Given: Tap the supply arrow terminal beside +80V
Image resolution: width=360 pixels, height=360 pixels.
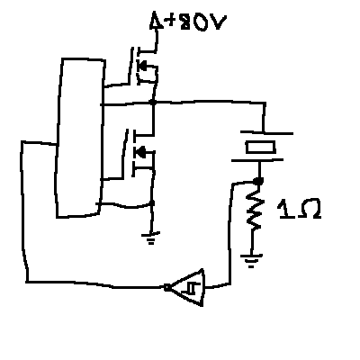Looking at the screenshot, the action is (x=156, y=21).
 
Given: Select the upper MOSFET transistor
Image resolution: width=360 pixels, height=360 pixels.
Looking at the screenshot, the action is (x=143, y=67).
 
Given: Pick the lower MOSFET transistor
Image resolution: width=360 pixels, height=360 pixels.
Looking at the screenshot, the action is (x=139, y=154).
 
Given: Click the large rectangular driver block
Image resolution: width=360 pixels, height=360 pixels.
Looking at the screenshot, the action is (x=80, y=138).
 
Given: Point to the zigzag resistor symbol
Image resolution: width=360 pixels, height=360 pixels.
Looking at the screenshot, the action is (x=255, y=208).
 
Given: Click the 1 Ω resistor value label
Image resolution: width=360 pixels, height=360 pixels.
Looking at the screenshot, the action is (x=300, y=209).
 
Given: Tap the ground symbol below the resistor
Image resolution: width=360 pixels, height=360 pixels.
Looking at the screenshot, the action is (x=251, y=260).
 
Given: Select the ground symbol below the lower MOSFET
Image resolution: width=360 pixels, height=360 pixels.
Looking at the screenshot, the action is (x=150, y=238).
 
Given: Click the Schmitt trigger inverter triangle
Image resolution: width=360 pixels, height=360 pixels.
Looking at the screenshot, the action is (x=189, y=287).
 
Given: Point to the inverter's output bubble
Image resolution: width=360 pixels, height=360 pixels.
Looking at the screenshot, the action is (x=166, y=287).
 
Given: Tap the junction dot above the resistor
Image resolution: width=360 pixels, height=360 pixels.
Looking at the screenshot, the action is (x=258, y=181).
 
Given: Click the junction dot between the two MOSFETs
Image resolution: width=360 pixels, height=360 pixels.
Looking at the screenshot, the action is (x=153, y=103).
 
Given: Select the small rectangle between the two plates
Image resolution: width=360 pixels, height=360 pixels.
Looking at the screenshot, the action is (x=260, y=147).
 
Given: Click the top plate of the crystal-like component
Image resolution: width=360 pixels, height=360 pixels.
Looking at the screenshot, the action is (x=266, y=132).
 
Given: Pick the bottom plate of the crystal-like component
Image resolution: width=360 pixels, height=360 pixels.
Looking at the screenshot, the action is (x=257, y=160).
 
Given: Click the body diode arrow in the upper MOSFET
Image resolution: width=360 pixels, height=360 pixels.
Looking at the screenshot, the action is (x=142, y=66).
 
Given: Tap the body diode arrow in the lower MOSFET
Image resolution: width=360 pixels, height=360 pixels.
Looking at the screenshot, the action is (x=140, y=153).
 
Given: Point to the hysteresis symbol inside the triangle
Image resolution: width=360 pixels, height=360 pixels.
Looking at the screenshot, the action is (x=192, y=289).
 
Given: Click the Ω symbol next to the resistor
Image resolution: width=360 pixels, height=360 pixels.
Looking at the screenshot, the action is (x=310, y=209).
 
